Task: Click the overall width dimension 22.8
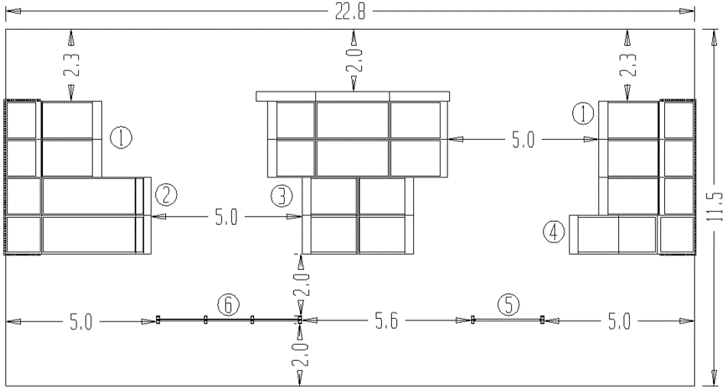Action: coord(350,12)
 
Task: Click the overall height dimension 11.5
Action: coord(715,207)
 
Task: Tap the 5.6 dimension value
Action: coord(386,321)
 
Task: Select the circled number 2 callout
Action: coord(166,195)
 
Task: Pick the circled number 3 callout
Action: coord(282,196)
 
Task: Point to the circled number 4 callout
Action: coord(554,232)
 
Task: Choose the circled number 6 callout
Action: coord(229,304)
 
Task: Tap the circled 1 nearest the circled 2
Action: coord(121,138)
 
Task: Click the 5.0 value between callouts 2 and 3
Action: coord(226,217)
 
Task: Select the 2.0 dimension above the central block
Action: coord(357,60)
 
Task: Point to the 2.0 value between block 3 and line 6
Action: coord(302,284)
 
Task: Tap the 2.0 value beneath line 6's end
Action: coord(302,354)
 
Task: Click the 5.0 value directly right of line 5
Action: coord(619,321)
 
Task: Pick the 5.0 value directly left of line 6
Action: coord(81,322)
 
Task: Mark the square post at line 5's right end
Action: coord(542,319)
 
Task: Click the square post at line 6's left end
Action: coord(158,320)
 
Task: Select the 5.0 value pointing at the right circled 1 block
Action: coord(523,140)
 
